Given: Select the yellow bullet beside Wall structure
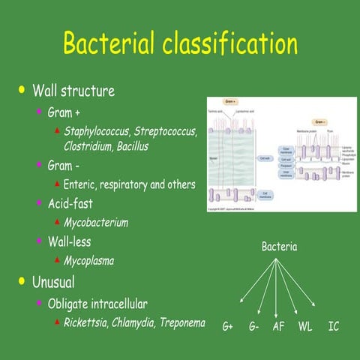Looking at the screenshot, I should pyautogui.click(x=21, y=91).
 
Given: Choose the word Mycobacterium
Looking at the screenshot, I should pyautogui.click(x=96, y=223).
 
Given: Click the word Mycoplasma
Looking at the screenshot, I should pyautogui.click(x=90, y=260).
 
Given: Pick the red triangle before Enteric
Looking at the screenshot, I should pyautogui.click(x=57, y=184).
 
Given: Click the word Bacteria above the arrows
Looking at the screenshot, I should pyautogui.click(x=279, y=246).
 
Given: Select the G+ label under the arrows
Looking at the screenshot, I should pyautogui.click(x=228, y=327).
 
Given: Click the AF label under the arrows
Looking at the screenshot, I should pyautogui.click(x=278, y=327).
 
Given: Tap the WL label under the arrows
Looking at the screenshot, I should pyautogui.click(x=305, y=327).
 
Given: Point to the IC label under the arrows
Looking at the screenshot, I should pyautogui.click(x=334, y=327).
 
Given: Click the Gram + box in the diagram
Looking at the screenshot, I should pyautogui.click(x=231, y=100).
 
